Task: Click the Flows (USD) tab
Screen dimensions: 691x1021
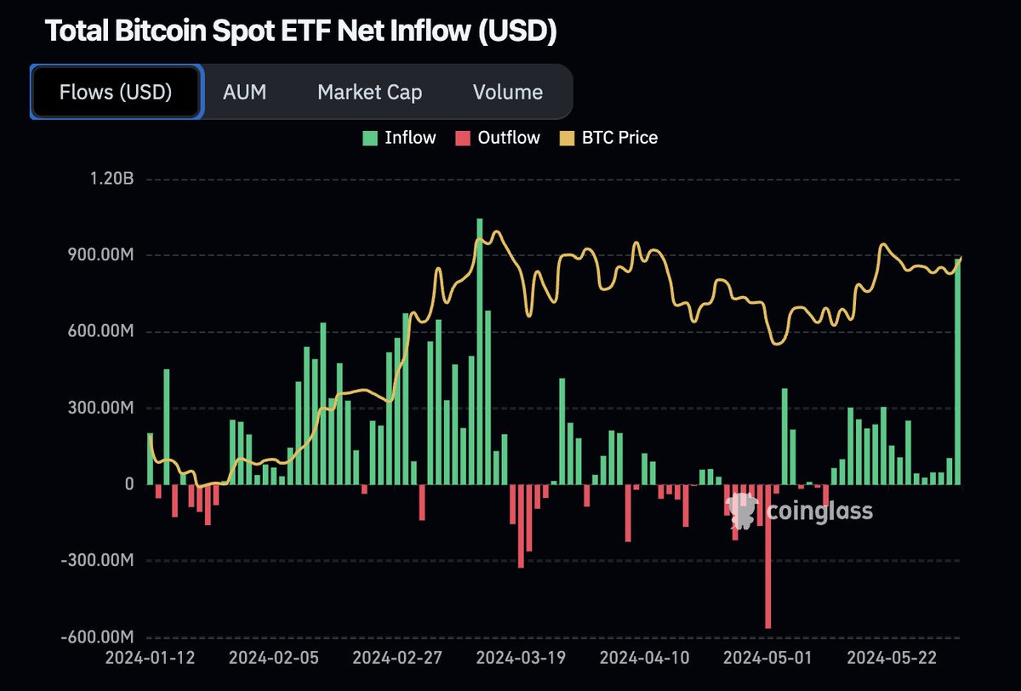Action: point(116,92)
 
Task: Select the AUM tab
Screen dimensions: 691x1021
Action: point(244,92)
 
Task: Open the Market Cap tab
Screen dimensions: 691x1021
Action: point(369,92)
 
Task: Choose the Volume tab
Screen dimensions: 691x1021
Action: point(508,92)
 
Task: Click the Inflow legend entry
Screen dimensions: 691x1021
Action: point(399,138)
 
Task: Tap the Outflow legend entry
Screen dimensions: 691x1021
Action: point(498,138)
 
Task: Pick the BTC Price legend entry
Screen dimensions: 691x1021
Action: point(608,138)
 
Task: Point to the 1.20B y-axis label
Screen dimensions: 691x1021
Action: point(111,180)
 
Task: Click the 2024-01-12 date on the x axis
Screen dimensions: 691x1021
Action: point(150,658)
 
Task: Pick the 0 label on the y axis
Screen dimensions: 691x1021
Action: point(128,484)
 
